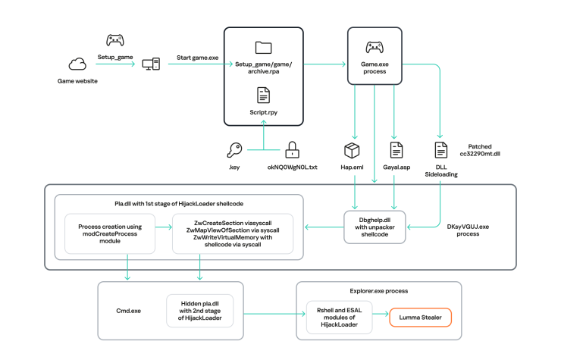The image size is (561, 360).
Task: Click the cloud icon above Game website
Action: [77, 64]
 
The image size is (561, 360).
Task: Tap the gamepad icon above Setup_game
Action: [115, 40]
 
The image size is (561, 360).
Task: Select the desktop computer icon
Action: [151, 64]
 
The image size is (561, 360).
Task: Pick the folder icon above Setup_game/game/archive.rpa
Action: [263, 48]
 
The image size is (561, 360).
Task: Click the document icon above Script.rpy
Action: [263, 95]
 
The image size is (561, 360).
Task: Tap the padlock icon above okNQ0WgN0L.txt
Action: [291, 150]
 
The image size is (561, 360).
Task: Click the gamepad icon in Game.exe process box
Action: [375, 48]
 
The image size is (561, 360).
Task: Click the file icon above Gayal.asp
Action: [395, 150]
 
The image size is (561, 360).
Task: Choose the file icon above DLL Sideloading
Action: [441, 150]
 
